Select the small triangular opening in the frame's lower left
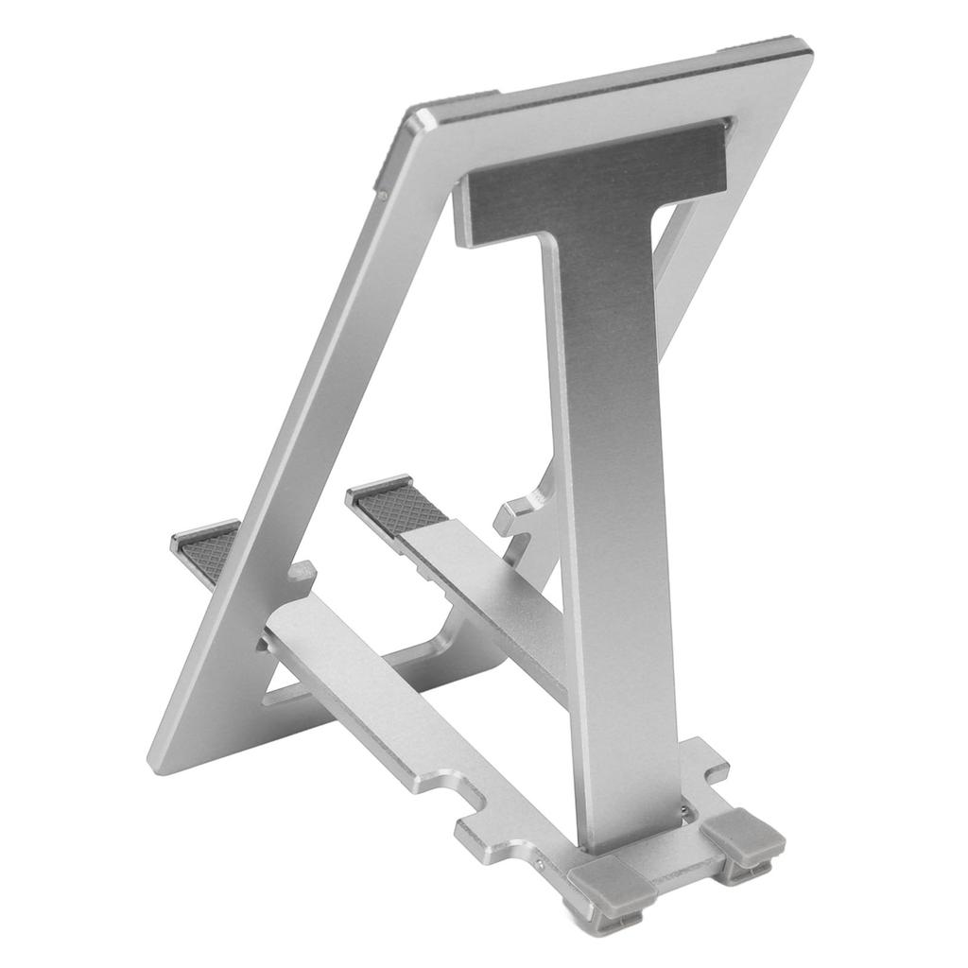273,684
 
